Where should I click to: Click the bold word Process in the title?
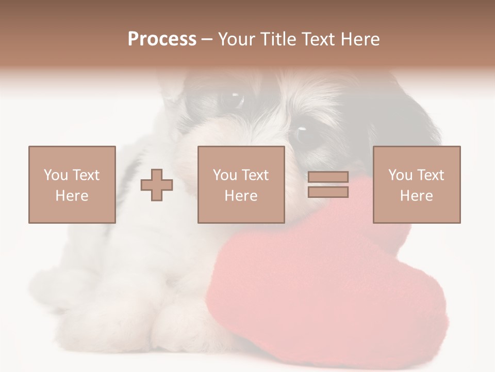tap(162, 39)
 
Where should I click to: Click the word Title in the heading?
tap(277, 39)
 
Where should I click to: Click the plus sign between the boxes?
tap(157, 184)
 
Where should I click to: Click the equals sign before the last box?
tap(328, 184)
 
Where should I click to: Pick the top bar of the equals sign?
tap(328, 177)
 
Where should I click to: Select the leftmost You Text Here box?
tap(72, 184)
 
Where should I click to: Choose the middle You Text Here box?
tap(241, 184)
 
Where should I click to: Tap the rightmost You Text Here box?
tap(416, 184)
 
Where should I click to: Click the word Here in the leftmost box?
tap(72, 196)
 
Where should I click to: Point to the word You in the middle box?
tap(225, 175)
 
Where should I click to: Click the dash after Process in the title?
tap(207, 39)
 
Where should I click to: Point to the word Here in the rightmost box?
tap(416, 196)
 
